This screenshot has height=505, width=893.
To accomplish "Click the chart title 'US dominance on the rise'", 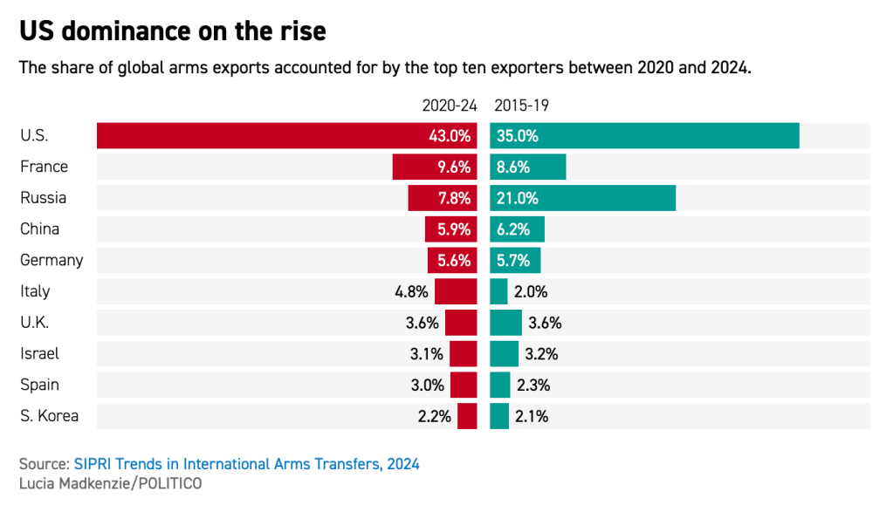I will click(x=173, y=32).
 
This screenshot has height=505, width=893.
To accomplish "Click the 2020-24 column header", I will click(x=450, y=106).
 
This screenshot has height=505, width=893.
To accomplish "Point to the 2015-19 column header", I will click(x=521, y=106).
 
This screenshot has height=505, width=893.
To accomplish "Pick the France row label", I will click(x=44, y=167).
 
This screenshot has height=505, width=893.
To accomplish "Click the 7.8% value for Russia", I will click(x=454, y=198).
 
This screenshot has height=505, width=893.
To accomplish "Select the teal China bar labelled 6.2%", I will click(x=518, y=229).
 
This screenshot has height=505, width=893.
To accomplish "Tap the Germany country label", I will click(x=52, y=260).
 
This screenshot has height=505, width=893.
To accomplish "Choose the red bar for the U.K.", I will click(x=461, y=323).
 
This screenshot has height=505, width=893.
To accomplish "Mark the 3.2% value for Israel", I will click(x=541, y=354).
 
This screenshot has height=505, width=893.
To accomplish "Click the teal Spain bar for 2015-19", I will click(x=500, y=385).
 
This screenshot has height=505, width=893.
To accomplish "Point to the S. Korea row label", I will click(x=50, y=416).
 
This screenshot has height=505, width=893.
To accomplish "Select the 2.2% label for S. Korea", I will click(x=435, y=416).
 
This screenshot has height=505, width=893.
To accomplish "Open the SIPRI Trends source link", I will click(x=246, y=464).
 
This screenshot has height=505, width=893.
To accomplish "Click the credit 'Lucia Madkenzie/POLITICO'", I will click(x=110, y=483).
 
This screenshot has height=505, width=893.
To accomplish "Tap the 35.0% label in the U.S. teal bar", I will click(x=518, y=136).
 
